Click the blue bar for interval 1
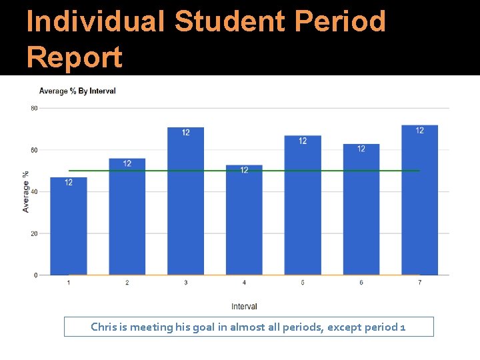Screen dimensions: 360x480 click(69, 227)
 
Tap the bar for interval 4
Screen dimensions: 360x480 click(244, 220)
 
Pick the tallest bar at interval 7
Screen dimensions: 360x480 click(419, 200)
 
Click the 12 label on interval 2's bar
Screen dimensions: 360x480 click(127, 163)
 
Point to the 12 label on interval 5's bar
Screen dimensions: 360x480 click(303, 141)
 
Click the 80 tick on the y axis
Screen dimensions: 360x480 click(34, 108)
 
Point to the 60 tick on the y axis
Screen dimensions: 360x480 click(34, 150)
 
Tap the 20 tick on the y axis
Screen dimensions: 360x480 click(34, 233)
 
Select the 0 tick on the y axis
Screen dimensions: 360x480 click(36, 275)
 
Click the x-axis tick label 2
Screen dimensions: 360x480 click(127, 283)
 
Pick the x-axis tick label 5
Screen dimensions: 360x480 click(303, 283)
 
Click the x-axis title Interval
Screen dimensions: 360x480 click(244, 307)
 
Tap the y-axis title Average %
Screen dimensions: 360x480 click(26, 192)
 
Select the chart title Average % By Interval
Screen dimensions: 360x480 click(77, 91)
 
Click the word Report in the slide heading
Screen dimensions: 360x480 click(75, 57)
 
